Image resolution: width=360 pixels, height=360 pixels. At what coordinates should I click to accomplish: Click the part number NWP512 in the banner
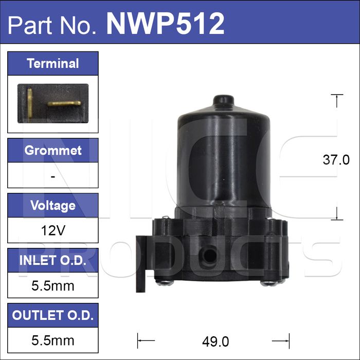coord(165,24)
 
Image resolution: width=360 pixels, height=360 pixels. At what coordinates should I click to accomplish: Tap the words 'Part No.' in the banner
coord(52,25)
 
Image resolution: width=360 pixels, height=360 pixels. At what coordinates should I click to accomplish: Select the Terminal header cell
coord(53,63)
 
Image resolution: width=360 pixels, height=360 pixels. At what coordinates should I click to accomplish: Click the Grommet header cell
coord(53,150)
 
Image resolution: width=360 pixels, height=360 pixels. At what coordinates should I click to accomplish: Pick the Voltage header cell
coord(53,205)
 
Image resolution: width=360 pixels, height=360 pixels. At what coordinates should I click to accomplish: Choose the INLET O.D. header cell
coord(53,260)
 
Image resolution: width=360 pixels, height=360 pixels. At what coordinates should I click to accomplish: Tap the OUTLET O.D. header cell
coord(53,315)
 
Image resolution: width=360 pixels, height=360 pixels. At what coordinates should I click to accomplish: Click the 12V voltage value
coord(53,230)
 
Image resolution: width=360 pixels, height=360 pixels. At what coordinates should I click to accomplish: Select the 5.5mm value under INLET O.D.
coord(53,286)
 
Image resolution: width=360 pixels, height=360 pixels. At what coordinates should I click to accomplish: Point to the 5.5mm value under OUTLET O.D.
coord(53,340)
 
